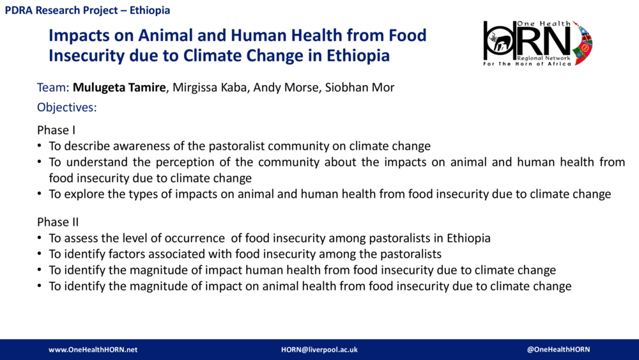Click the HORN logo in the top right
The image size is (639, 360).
pos(537,43)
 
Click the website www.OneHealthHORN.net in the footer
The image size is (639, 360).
pos(93,350)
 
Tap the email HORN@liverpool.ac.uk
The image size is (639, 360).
pos(319,350)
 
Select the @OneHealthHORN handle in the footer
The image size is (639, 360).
pos(558,350)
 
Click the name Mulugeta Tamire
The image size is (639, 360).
pos(119,88)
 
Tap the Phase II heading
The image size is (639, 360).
pos(58,223)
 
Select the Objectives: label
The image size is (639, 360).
pos(66,107)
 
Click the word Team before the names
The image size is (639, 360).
pos(52,88)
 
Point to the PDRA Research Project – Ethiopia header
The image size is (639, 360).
pos(88,11)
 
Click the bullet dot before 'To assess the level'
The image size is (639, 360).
pos(40,239)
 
